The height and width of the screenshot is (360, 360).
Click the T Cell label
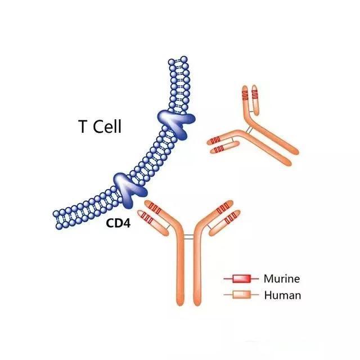(x=100, y=126)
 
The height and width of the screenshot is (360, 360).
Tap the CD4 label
(x=118, y=223)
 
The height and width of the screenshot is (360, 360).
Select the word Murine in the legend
(x=282, y=279)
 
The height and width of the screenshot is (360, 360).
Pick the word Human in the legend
(x=282, y=295)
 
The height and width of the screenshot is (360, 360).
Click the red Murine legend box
(x=241, y=279)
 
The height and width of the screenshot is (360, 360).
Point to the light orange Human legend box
(x=241, y=295)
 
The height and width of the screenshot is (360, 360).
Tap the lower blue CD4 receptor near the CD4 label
(x=129, y=188)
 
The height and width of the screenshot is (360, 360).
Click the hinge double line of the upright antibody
(x=189, y=236)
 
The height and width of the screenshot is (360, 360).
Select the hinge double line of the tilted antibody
(x=249, y=130)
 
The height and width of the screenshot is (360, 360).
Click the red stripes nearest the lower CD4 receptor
(x=156, y=209)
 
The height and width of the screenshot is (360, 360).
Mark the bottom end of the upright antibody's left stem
(x=180, y=304)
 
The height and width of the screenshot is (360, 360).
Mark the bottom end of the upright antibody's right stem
(x=197, y=304)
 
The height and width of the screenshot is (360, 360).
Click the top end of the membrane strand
(x=178, y=60)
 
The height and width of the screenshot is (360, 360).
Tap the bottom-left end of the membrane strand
(x=57, y=220)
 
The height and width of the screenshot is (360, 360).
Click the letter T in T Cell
(x=83, y=127)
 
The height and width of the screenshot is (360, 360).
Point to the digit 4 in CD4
(x=127, y=223)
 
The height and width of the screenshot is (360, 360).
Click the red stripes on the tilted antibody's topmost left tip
(x=245, y=95)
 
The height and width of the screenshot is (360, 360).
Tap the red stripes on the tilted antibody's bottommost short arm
(x=219, y=149)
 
